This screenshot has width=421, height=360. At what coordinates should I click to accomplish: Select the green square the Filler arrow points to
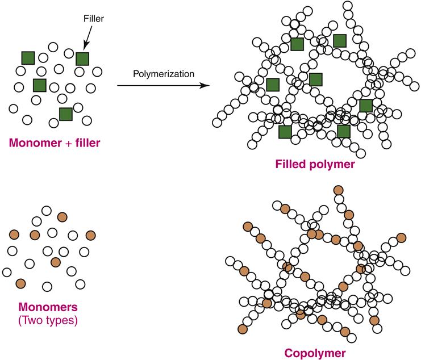click(x=83, y=58)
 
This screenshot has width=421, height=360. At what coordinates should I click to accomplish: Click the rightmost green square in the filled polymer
click(x=366, y=105)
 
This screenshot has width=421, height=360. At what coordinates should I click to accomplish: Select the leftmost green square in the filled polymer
click(x=273, y=85)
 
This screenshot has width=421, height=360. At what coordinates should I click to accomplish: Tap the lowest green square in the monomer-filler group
click(x=66, y=114)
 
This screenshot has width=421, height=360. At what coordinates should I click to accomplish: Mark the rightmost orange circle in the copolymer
click(x=402, y=237)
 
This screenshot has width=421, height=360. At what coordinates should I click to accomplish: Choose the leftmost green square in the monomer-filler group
click(x=28, y=57)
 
